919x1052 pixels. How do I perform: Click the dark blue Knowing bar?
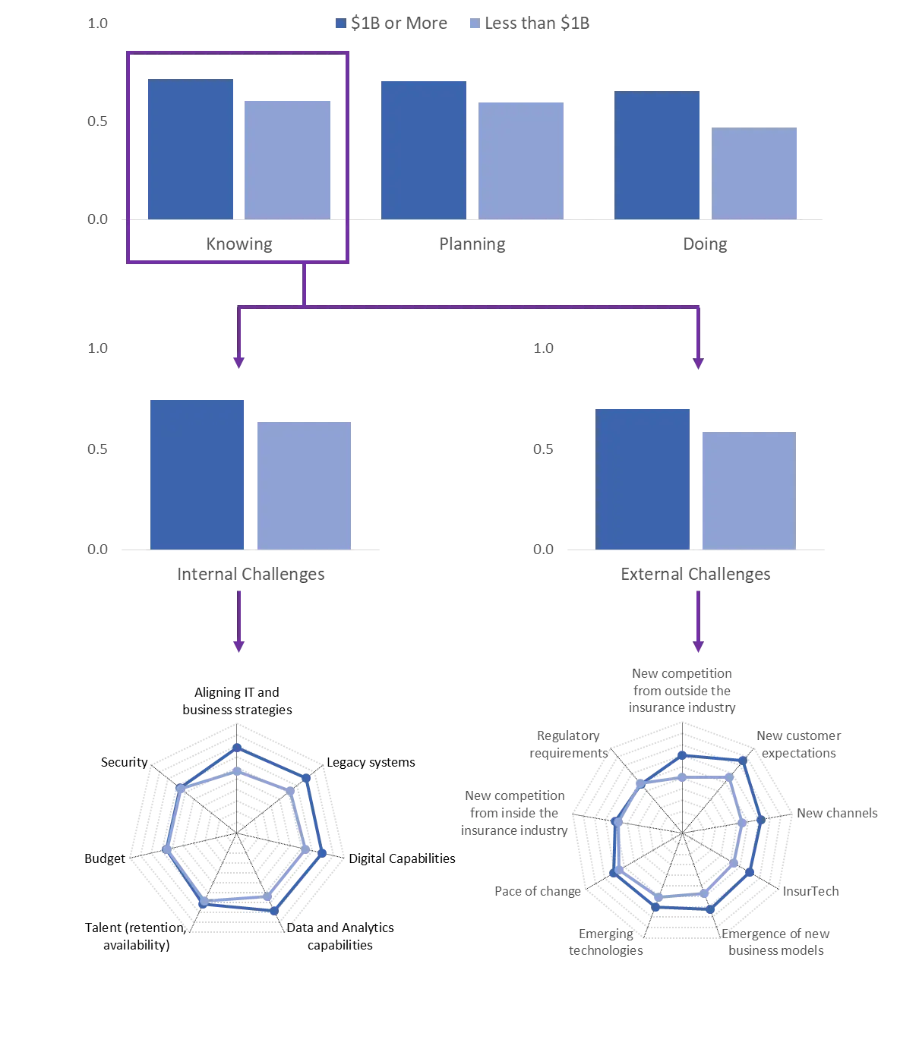[x=191, y=149]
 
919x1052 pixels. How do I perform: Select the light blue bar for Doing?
[x=754, y=173]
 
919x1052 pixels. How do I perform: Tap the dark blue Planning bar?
[x=424, y=150]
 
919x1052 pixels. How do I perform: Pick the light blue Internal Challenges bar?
[x=304, y=486]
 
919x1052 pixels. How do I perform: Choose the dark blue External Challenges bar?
[x=643, y=479]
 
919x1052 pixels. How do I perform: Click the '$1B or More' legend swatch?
[x=340, y=23]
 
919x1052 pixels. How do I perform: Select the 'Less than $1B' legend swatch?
[x=475, y=23]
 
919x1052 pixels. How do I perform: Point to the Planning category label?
[x=472, y=244]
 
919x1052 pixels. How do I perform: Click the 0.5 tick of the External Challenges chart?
[x=543, y=449]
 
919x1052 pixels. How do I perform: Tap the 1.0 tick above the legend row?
[x=97, y=23]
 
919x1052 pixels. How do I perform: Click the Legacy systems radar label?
[x=371, y=762]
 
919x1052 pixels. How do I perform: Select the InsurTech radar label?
[x=810, y=891]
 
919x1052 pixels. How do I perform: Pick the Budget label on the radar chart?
[x=105, y=858]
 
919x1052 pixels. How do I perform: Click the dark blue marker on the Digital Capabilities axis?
[x=322, y=854]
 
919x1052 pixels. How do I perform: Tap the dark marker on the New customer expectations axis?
[x=743, y=761]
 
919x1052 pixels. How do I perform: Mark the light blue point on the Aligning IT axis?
[x=237, y=771]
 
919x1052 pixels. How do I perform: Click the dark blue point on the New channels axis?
[x=761, y=820]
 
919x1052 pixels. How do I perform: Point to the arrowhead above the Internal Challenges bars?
[x=238, y=363]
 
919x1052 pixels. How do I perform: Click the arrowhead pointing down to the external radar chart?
[x=698, y=647]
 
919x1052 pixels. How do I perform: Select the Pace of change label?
[x=537, y=891]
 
